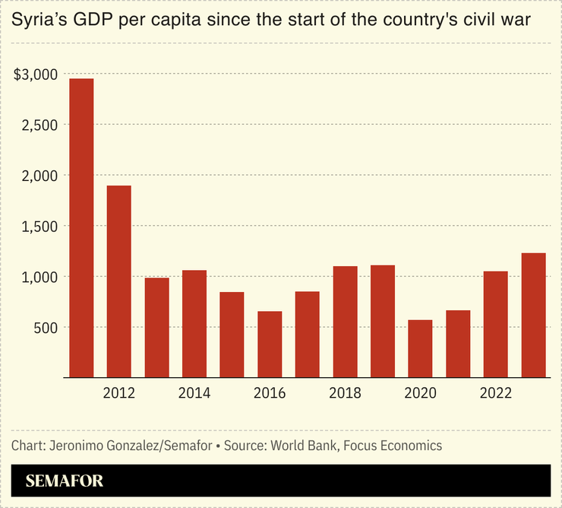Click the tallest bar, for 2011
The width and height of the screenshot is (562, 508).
point(81,228)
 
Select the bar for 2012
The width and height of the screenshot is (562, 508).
point(119,281)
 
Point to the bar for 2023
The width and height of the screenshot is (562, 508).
point(533,315)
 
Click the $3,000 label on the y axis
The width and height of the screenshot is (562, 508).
point(36,75)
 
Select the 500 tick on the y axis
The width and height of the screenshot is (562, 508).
point(47,327)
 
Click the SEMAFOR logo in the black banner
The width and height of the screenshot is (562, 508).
point(65,481)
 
